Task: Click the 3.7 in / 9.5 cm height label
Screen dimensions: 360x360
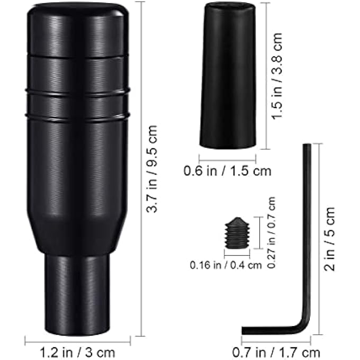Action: pos(152,169)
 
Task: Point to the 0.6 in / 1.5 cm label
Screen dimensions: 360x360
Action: pos(227,171)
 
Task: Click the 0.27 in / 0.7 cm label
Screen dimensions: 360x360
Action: pos(272,233)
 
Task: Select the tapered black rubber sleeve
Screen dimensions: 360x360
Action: pos(228,74)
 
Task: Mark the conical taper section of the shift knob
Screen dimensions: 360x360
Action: pos(77,233)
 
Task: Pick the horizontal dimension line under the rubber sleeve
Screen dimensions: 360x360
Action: pos(227,158)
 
